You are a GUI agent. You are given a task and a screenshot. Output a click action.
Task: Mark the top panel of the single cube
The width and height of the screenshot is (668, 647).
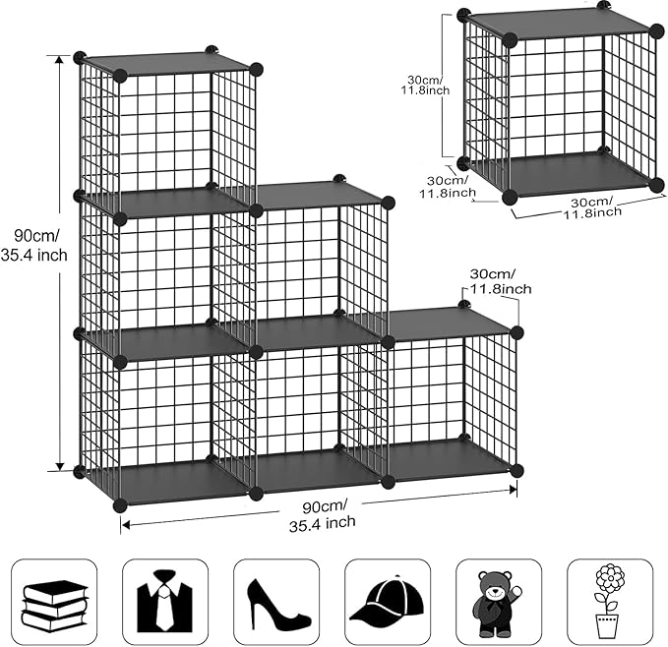pos(558,27)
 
